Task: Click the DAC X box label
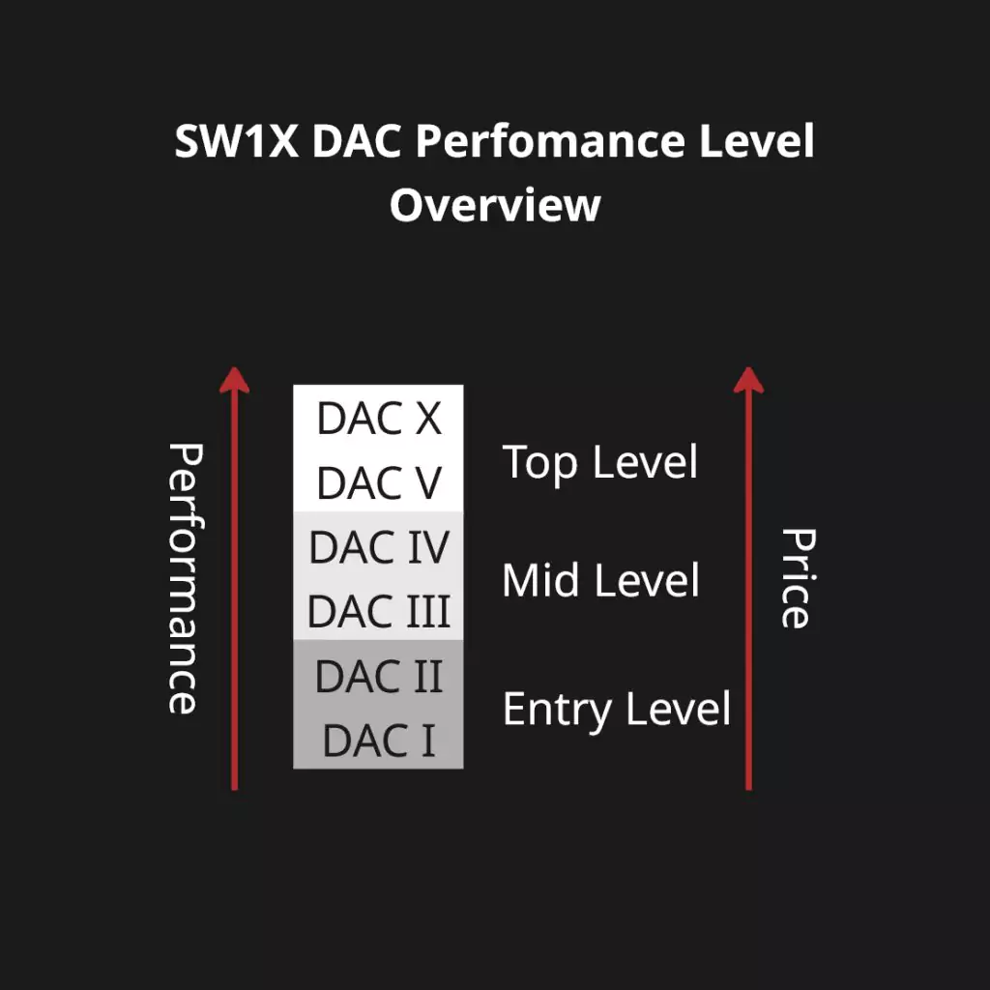[379, 418]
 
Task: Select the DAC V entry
[379, 483]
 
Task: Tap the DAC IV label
[379, 547]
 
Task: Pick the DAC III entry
[379, 611]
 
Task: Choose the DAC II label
[379, 676]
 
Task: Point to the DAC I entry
[379, 741]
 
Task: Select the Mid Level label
[600, 581]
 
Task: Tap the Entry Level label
[616, 711]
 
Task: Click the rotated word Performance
[185, 578]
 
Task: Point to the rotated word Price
[798, 578]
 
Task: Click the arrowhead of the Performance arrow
[234, 379]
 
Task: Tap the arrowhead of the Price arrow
[749, 379]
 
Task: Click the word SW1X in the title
[236, 140]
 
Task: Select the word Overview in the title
[495, 205]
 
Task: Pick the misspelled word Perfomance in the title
[550, 140]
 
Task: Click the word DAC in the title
[357, 140]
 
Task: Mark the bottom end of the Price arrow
[749, 789]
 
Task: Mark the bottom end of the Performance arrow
[234, 789]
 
